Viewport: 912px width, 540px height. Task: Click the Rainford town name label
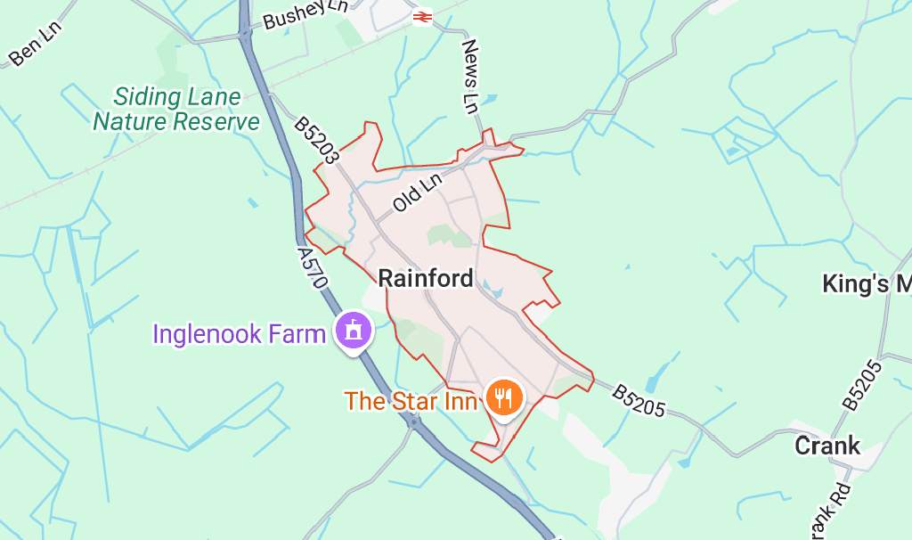pyautogui.click(x=426, y=279)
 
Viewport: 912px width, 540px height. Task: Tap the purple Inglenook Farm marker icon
pyautogui.click(x=353, y=332)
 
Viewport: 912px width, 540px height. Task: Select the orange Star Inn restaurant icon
pyautogui.click(x=504, y=397)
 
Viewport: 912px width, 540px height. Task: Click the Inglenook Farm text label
pyautogui.click(x=239, y=334)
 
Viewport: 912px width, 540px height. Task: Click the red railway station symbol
pyautogui.click(x=422, y=16)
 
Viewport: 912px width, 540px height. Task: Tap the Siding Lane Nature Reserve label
pyautogui.click(x=176, y=110)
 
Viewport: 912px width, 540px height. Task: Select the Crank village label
pyautogui.click(x=827, y=446)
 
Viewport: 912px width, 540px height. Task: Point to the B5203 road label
pyautogui.click(x=317, y=139)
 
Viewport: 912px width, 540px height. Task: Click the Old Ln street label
pyautogui.click(x=418, y=192)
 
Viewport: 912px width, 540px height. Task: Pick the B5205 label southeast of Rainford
pyautogui.click(x=639, y=400)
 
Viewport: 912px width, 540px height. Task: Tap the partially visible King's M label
pyautogui.click(x=866, y=284)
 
